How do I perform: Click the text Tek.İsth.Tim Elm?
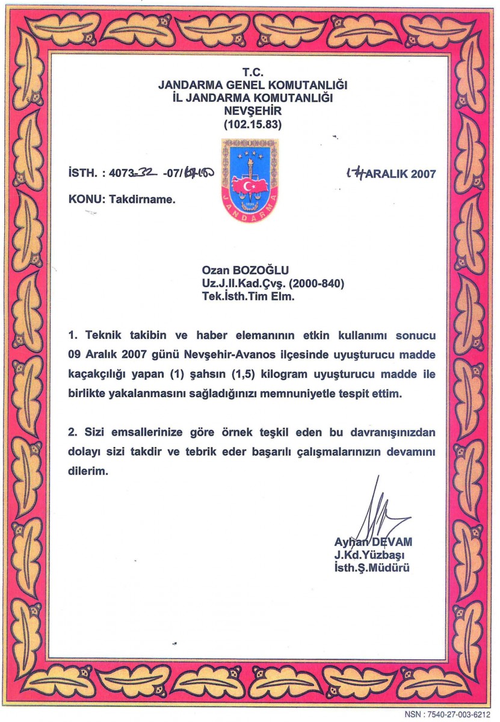[248, 296]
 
